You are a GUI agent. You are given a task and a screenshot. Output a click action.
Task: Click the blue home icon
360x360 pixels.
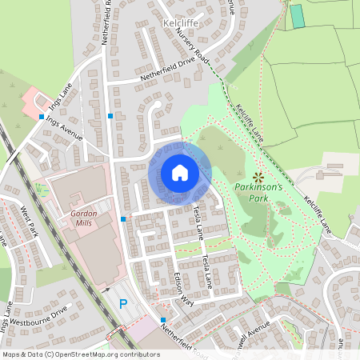pyautogui.click(x=180, y=173)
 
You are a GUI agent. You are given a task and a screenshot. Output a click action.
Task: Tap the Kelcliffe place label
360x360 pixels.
pyautogui.click(x=179, y=23)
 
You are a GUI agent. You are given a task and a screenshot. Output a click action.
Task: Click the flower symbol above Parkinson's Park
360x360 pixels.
pyautogui.click(x=258, y=176)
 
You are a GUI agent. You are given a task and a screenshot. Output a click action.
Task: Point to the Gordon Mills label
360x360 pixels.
pyautogui.click(x=82, y=219)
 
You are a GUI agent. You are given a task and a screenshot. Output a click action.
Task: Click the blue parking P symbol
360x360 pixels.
pyautogui.click(x=123, y=303)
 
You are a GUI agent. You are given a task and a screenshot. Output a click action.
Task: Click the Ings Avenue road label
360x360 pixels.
pyautogui.click(x=65, y=127)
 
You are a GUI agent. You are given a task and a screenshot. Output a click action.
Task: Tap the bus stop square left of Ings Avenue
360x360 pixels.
pyautogui.click(x=42, y=117)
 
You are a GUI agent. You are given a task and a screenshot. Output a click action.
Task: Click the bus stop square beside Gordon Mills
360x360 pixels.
pyautogui.click(x=123, y=218)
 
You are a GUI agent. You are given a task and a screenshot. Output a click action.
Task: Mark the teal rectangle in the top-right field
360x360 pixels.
pyautogui.click(x=297, y=16)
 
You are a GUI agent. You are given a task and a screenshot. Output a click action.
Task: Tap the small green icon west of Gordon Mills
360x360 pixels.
pyautogui.click(x=41, y=190)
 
